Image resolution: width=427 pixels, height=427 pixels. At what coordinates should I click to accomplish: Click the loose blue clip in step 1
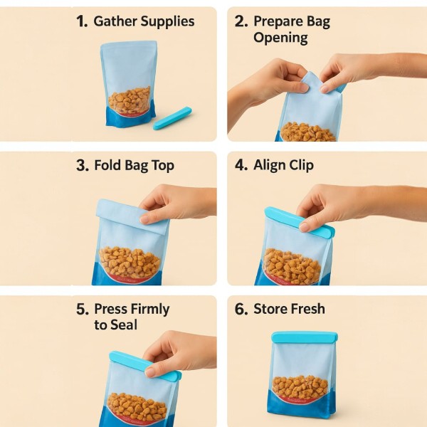pos(172,118)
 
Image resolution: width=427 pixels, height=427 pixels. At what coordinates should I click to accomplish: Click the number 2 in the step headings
pos(241,21)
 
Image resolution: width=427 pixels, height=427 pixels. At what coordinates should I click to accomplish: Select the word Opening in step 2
pos(280,38)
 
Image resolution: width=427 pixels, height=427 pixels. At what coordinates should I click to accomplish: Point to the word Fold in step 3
pos(107,165)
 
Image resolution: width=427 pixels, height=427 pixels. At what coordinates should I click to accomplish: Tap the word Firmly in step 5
pos(150,310)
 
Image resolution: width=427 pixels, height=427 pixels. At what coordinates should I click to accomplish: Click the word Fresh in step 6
pos(307,309)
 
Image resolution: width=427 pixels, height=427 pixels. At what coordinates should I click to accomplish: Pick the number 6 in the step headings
pos(241,309)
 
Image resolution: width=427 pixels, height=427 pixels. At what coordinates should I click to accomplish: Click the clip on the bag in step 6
pos(305,337)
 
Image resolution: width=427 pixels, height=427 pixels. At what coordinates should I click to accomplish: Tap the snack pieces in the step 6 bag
pos(300,386)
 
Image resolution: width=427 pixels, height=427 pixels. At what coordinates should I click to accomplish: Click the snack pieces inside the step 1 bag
pos(130,100)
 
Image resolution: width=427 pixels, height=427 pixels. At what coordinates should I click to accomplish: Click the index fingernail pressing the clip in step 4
pos(304,227)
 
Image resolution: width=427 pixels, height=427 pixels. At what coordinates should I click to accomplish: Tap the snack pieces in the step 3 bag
pos(130,262)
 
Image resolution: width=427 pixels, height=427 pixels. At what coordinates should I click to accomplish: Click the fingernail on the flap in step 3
pos(144,219)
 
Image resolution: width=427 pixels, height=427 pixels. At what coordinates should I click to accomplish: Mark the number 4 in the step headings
pos(241,165)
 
